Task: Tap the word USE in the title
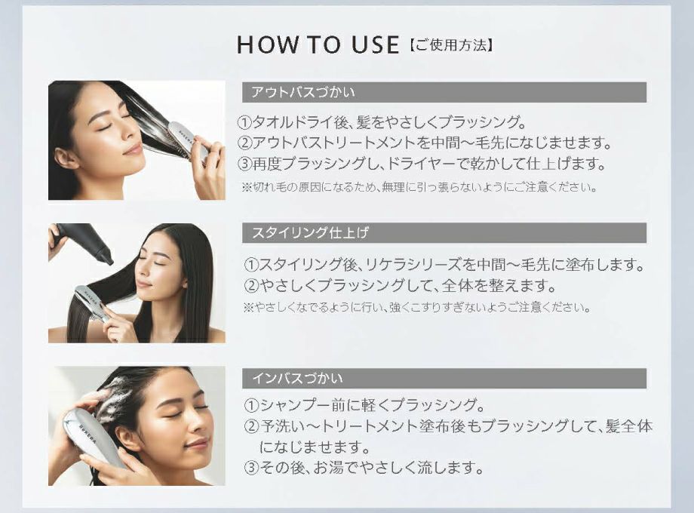[371, 45]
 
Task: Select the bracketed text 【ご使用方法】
[450, 45]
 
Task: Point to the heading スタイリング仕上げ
[310, 233]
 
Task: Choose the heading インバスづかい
[297, 378]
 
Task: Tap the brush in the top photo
[188, 139]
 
